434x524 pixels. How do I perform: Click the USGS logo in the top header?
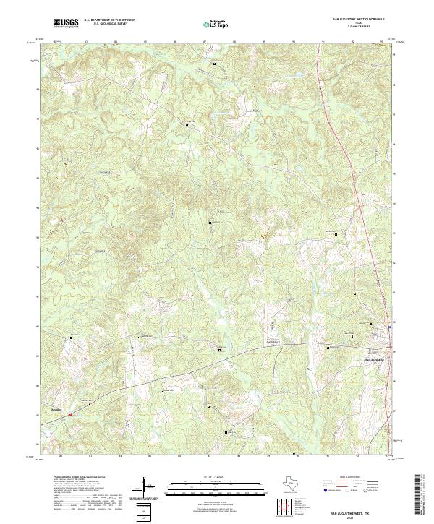(x=67, y=23)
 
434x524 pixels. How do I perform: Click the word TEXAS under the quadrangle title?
(x=359, y=25)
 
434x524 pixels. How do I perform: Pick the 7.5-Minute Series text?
(x=359, y=28)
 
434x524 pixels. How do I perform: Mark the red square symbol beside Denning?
(x=71, y=414)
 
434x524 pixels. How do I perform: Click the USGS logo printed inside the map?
(x=74, y=337)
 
